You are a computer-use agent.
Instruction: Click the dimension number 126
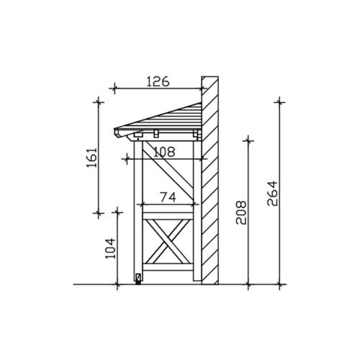pyautogui.click(x=158, y=81)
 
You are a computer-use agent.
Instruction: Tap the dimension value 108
pyautogui.click(x=164, y=152)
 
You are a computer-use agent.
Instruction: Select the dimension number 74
pyautogui.click(x=168, y=197)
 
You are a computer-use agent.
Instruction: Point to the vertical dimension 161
pyautogui.click(x=92, y=158)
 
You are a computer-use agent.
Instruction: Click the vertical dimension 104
pyautogui.click(x=111, y=248)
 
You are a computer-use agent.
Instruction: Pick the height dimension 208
pyautogui.click(x=241, y=212)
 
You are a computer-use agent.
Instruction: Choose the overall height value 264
pyautogui.click(x=272, y=194)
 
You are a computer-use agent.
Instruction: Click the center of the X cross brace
pyautogui.click(x=168, y=241)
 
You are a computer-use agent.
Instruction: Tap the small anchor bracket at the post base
pyautogui.click(x=138, y=279)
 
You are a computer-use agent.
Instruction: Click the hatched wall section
pyautogui.click(x=210, y=181)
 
